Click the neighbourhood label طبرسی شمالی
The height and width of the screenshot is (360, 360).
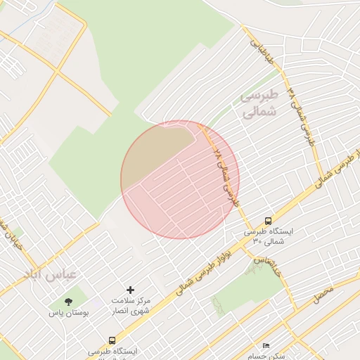pos(259,103)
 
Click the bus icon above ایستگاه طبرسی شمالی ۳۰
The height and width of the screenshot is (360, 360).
pos(268,220)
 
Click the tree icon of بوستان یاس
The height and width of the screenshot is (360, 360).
pos(68,301)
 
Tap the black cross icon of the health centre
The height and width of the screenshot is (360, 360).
pos(130,290)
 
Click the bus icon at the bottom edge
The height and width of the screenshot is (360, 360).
pos(112,340)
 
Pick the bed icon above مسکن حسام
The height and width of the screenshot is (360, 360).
pos(266,345)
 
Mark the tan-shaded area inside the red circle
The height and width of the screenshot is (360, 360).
pos(158,151)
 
